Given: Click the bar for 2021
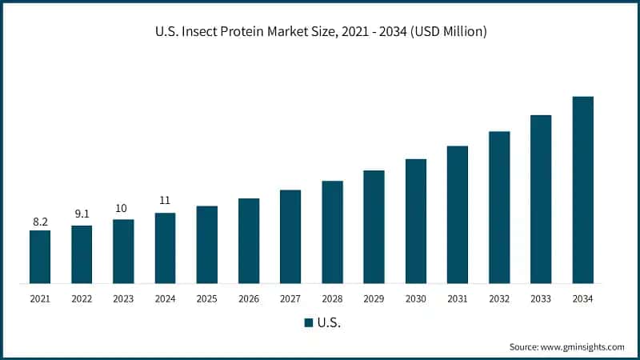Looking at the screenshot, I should pos(40,257).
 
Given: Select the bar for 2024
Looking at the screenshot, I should pos(165,248).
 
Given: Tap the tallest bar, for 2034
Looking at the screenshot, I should pos(582,190).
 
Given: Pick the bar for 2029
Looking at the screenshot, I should pos(374,226).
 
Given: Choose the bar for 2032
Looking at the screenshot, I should pos(499,207).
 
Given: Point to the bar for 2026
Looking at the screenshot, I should pos(249,241).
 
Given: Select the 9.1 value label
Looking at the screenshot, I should pos(82,214).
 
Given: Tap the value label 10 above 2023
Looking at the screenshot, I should pos(122,208).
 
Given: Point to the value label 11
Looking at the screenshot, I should pos(165,200).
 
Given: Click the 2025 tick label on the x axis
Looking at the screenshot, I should pos(206,298).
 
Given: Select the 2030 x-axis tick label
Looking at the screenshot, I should pos(415,298).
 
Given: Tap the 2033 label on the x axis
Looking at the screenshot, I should pos(541,298).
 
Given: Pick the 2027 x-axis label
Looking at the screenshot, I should pos(290,298).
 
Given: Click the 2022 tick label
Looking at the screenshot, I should pos(82,298).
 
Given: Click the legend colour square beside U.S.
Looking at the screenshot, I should pos(308,322).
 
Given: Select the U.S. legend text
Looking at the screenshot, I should pos(328,322).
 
